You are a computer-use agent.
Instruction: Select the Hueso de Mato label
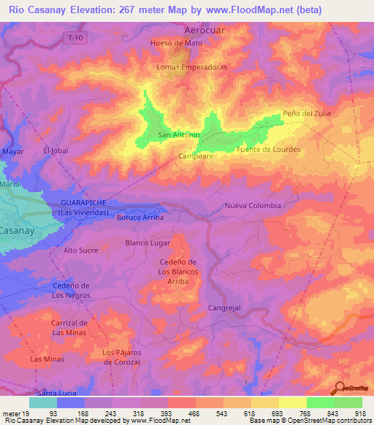[175, 43]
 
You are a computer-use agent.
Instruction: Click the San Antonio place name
[179, 135]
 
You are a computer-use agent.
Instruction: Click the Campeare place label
[196, 156]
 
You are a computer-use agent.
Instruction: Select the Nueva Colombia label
[253, 205]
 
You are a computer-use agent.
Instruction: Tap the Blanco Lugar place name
[148, 242]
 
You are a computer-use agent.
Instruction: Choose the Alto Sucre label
[80, 250]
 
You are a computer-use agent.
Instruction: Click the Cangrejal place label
[224, 308]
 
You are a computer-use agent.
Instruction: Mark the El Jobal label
[55, 150]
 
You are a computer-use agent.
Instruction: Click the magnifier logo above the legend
[341, 388]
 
